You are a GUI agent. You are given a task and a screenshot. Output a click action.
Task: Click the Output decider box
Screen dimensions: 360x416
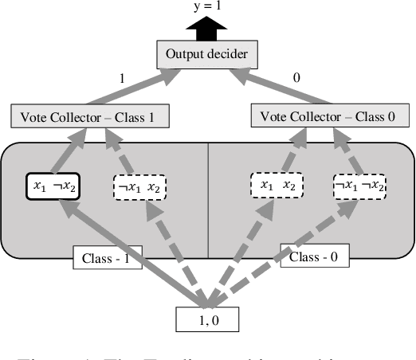[x=207, y=55]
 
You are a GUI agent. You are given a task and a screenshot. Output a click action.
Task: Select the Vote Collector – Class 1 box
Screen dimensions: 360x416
[x=89, y=116]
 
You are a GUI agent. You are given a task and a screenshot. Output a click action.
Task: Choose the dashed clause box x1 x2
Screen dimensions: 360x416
[x=277, y=186]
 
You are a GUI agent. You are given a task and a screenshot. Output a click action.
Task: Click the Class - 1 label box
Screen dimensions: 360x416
[x=106, y=258]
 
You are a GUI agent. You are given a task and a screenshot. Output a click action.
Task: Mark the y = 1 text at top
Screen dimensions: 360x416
[x=207, y=7]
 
